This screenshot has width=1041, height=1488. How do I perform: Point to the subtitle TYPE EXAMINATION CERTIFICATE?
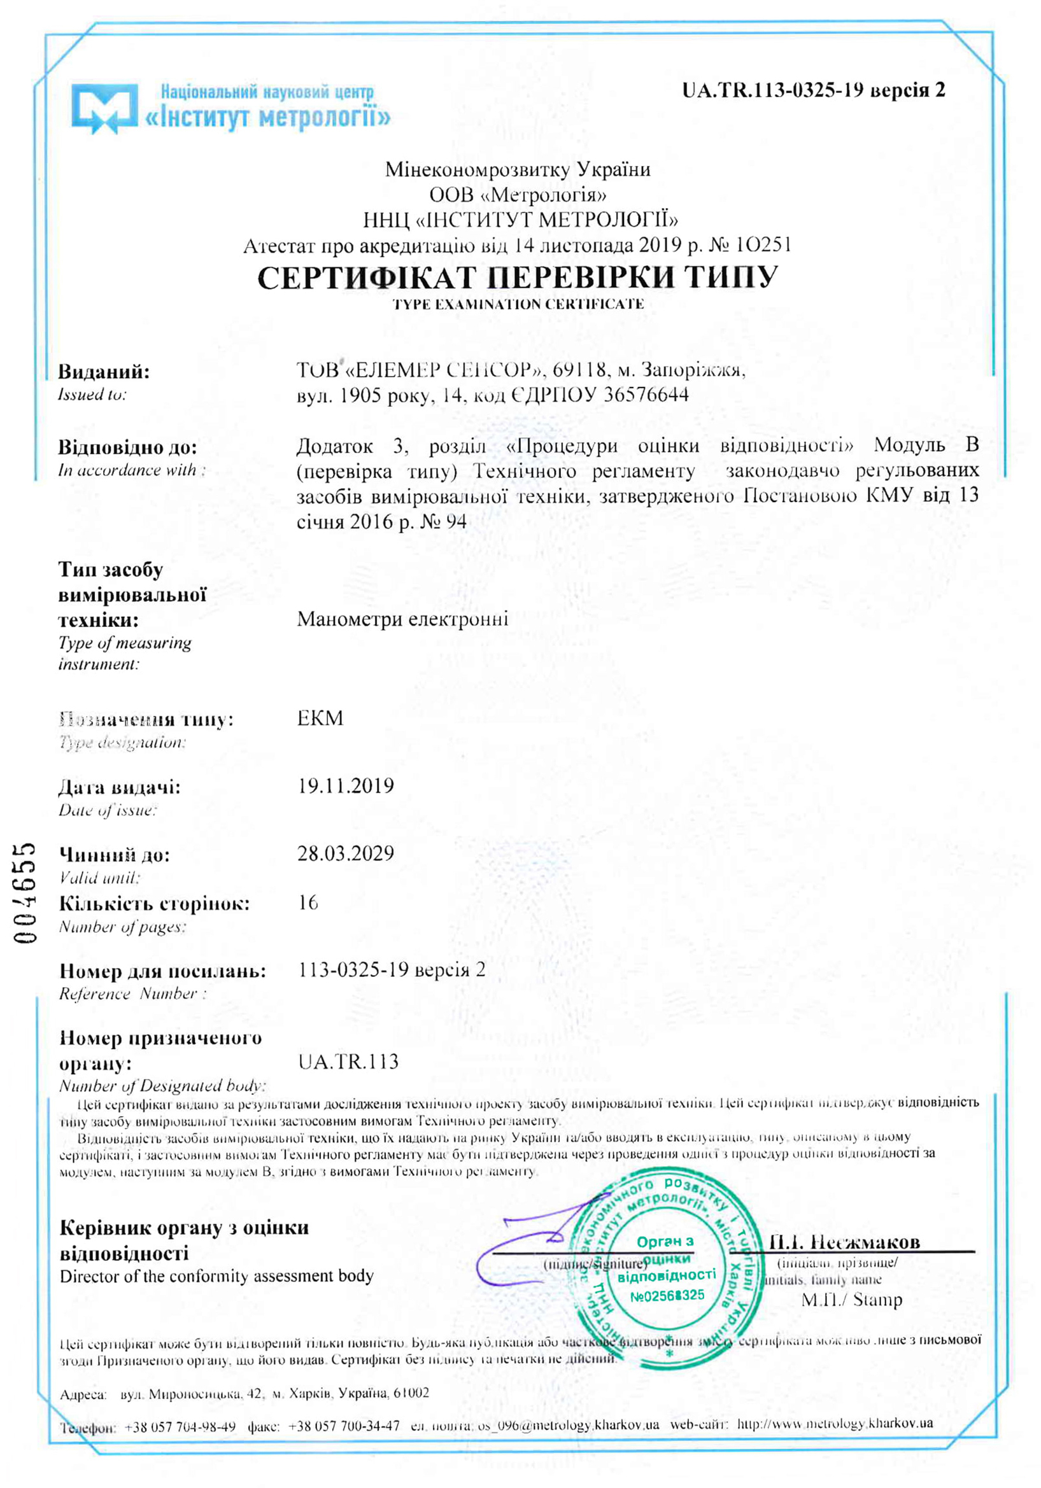pyautogui.click(x=518, y=305)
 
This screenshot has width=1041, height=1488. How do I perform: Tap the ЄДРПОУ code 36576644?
pyautogui.click(x=646, y=395)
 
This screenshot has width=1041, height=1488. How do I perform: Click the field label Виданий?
pyautogui.click(x=104, y=372)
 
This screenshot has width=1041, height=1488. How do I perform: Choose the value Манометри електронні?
pyautogui.click(x=402, y=619)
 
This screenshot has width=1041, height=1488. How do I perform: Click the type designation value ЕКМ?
pyautogui.click(x=320, y=718)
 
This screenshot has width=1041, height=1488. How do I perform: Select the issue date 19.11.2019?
pyautogui.click(x=346, y=785)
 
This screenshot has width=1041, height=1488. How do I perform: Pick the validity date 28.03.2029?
pyautogui.click(x=346, y=853)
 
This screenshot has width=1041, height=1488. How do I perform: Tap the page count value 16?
pyautogui.click(x=308, y=902)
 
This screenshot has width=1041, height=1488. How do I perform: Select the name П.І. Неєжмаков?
pyautogui.click(x=845, y=1242)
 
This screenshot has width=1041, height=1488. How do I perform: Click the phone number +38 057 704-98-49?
pyautogui.click(x=180, y=1426)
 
